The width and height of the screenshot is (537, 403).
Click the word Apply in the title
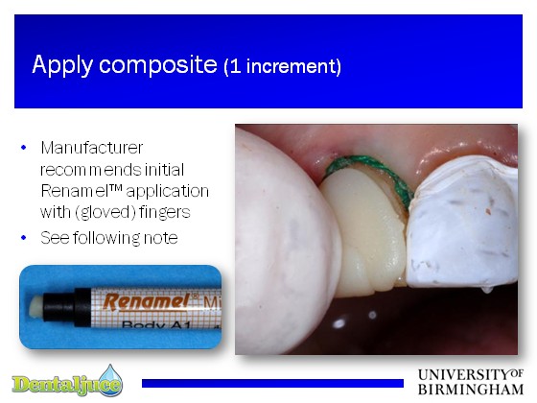[x=62, y=65]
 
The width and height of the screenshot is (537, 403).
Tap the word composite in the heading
[x=158, y=65]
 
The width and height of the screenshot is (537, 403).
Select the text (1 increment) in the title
[x=283, y=66]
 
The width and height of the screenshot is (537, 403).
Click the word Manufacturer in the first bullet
[x=92, y=148]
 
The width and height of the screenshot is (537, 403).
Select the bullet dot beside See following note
[x=23, y=238]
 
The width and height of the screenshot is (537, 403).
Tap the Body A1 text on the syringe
[x=155, y=324]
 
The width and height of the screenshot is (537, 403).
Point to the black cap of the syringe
[x=67, y=307]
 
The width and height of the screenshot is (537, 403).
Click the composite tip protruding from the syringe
[x=35, y=306]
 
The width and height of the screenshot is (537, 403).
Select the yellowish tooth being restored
[x=364, y=233]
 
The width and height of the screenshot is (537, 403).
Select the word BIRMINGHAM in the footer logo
[x=471, y=390]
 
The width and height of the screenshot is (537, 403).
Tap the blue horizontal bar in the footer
[x=272, y=383]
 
